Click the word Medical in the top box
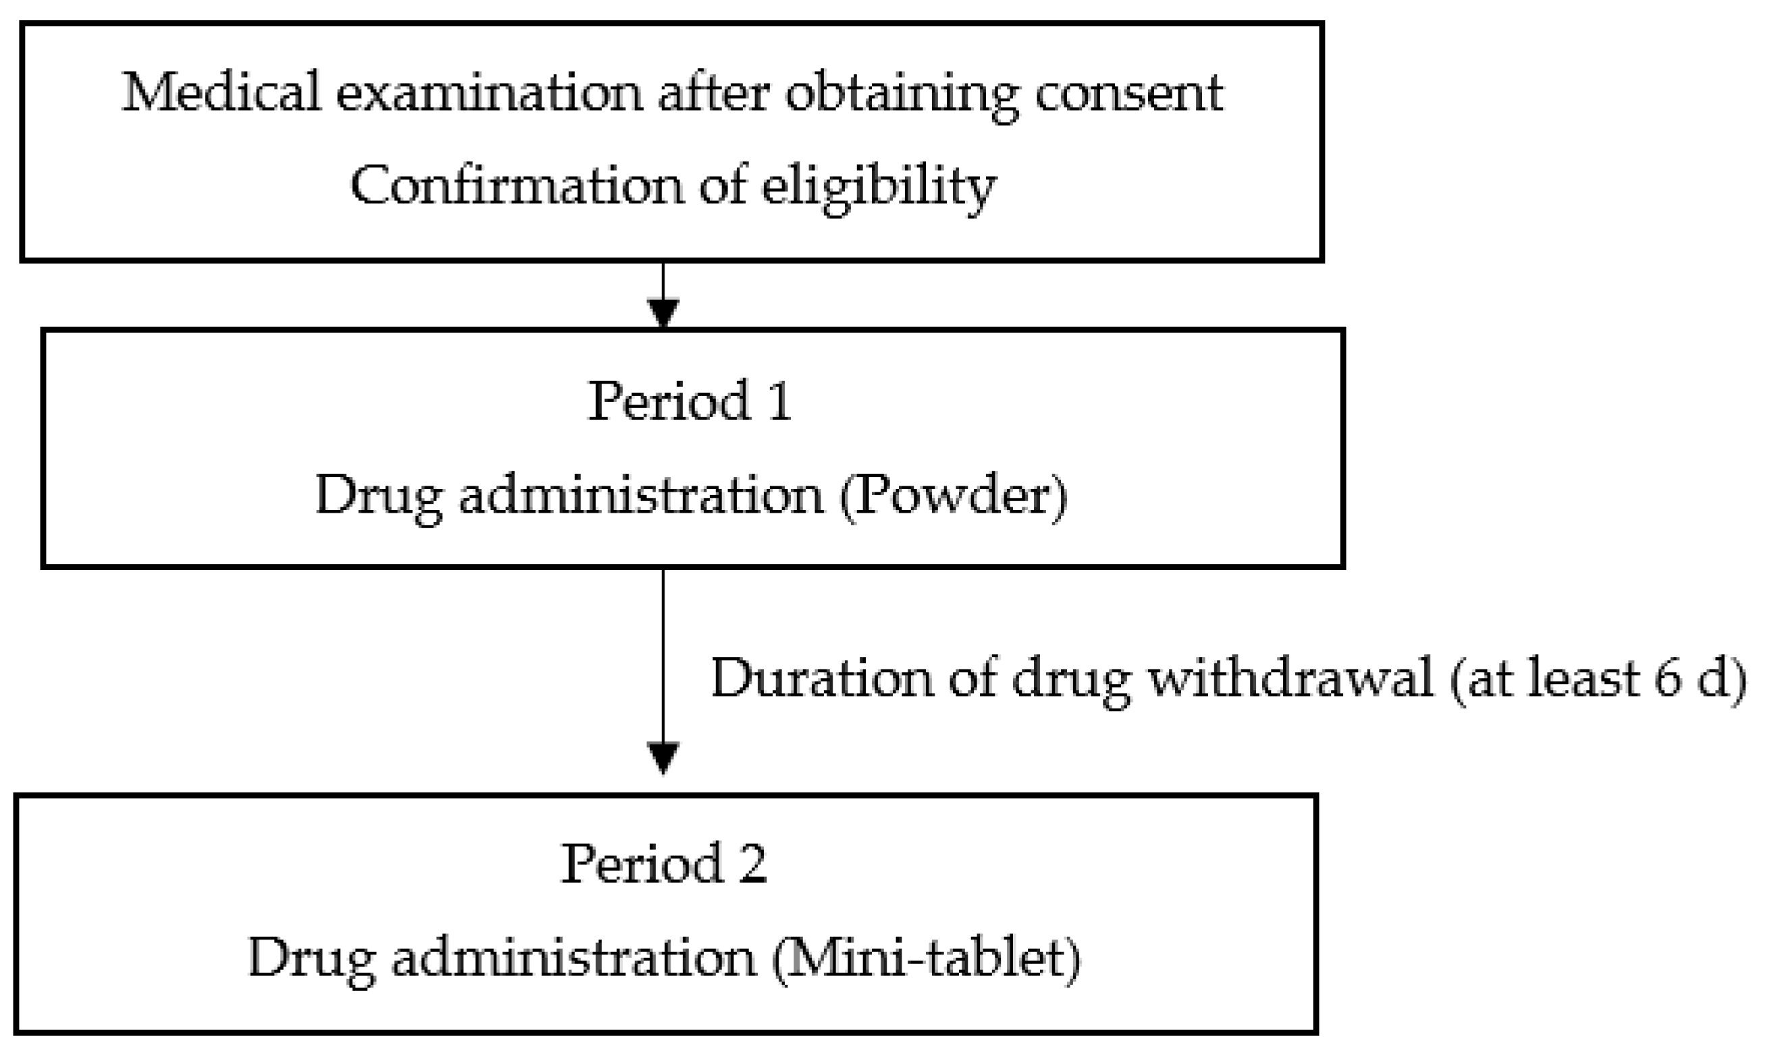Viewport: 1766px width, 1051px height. pyautogui.click(x=221, y=92)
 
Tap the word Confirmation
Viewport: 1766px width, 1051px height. pyautogui.click(x=515, y=186)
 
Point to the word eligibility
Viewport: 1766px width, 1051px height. pyautogui.click(x=879, y=187)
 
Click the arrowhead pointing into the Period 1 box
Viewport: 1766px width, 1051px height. pyautogui.click(x=663, y=312)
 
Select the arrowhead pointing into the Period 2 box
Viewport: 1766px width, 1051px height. pyautogui.click(x=663, y=759)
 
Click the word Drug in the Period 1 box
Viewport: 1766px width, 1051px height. pyautogui.click(x=379, y=496)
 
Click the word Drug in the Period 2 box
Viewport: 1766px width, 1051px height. pyautogui.click(x=311, y=959)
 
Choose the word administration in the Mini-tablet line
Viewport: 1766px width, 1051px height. pyautogui.click(x=574, y=958)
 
